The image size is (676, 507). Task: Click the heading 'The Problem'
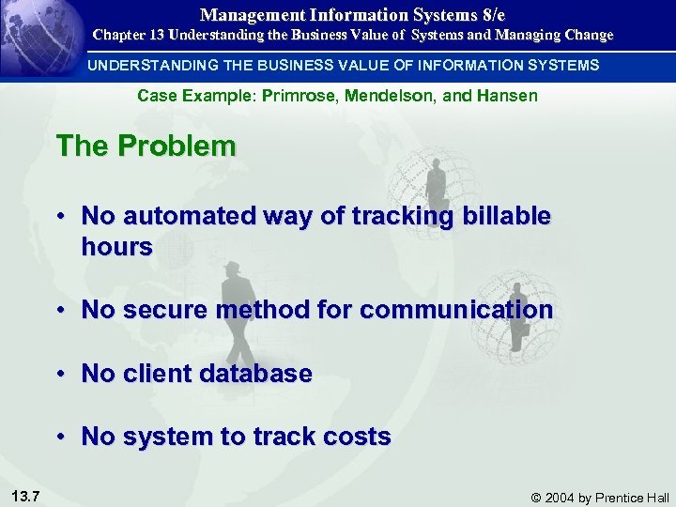[x=146, y=146]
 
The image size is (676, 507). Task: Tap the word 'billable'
[x=502, y=216]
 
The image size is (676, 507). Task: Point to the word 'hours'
[x=116, y=247]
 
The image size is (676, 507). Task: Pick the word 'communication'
[x=456, y=310]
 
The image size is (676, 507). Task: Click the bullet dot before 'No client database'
[x=59, y=374]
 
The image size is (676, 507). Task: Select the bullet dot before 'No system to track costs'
[x=59, y=437]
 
